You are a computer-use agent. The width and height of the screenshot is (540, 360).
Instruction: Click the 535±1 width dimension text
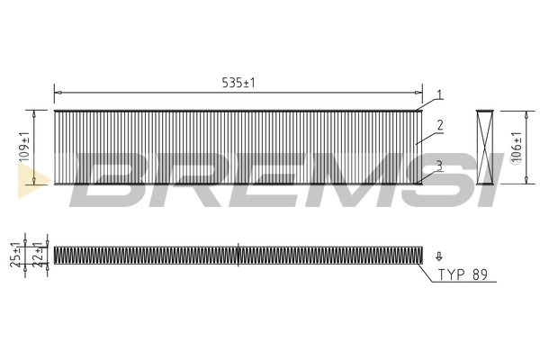[x=238, y=82]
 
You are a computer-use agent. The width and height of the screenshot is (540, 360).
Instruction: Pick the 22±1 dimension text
[x=38, y=256]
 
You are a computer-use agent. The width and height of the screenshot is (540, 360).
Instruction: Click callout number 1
[x=439, y=94]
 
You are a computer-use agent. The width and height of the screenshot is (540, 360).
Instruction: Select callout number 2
[x=439, y=125]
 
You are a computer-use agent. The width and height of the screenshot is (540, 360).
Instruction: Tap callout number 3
[x=439, y=164]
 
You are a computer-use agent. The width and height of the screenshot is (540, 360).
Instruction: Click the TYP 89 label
[x=462, y=275]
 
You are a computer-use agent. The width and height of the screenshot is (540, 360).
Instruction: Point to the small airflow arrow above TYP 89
[x=439, y=256]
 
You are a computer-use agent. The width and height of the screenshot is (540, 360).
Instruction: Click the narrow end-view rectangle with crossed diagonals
[x=486, y=148]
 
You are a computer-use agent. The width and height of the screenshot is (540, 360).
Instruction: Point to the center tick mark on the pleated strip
[x=238, y=255]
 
